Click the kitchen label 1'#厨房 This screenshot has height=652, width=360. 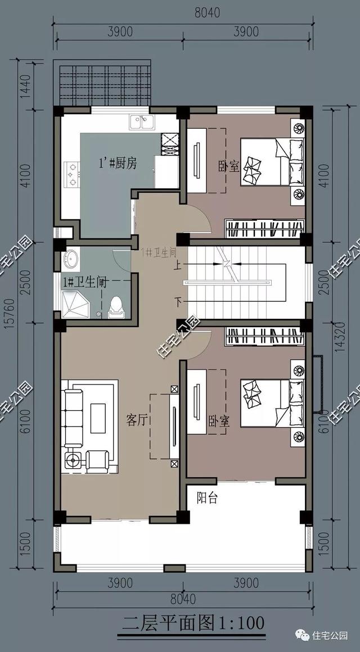pyautogui.click(x=118, y=163)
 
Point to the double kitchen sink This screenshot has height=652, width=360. pyautogui.click(x=141, y=121)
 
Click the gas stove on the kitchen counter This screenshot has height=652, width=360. pyautogui.click(x=71, y=174)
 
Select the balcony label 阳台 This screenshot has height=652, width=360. pyautogui.click(x=207, y=498)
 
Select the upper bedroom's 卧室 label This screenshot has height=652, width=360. pyautogui.click(x=229, y=166)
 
